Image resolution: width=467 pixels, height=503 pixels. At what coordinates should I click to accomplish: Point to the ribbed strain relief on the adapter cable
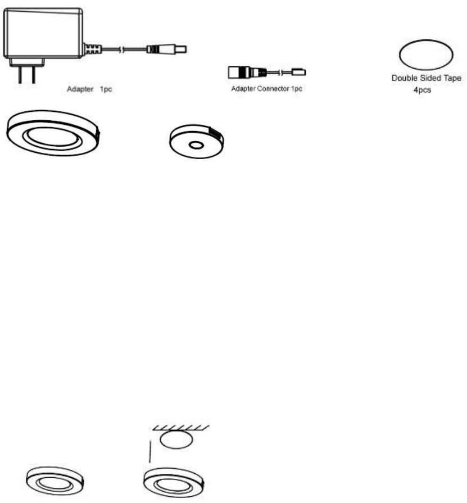click(x=92, y=49)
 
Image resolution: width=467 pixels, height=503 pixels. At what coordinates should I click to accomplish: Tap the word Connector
click(x=271, y=89)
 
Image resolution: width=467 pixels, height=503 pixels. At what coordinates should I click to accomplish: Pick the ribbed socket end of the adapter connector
click(x=239, y=72)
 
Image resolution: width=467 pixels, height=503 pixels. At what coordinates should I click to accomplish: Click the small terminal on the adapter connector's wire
click(x=299, y=72)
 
